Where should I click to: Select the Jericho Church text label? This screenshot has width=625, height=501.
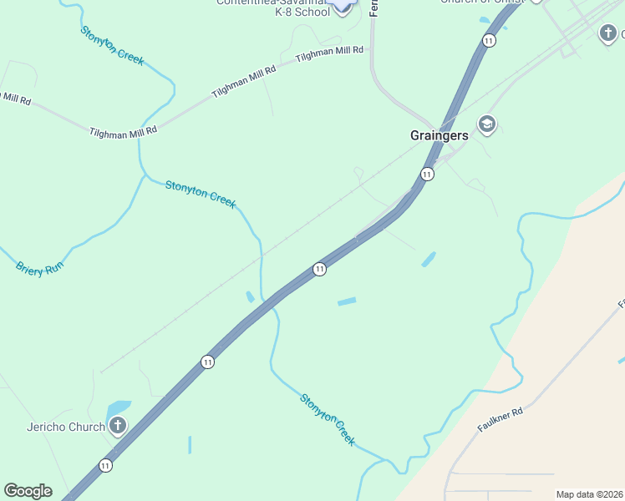(x=65, y=428)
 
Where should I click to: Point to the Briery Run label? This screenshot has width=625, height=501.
(x=39, y=268)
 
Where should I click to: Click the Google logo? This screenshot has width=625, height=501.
(x=28, y=491)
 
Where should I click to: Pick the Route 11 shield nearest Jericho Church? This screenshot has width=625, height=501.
(x=105, y=465)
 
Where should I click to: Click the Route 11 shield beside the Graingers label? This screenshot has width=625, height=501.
(x=427, y=175)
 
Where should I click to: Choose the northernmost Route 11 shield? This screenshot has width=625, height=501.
(x=489, y=40)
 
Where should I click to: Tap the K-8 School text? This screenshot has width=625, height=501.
(x=285, y=13)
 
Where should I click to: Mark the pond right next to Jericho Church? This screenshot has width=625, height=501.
(x=119, y=409)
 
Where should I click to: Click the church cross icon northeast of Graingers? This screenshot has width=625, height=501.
(x=608, y=33)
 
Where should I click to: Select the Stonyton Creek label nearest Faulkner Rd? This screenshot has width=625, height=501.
(x=328, y=419)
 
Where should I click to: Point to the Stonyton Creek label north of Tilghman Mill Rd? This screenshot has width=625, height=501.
(x=112, y=46)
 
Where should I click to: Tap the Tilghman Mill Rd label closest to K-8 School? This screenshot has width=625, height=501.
(x=330, y=53)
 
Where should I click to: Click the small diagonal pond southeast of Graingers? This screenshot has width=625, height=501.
(x=428, y=260)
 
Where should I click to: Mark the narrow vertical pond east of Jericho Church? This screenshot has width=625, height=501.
(x=190, y=445)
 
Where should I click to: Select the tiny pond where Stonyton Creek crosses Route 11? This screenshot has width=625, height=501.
(x=250, y=297)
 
